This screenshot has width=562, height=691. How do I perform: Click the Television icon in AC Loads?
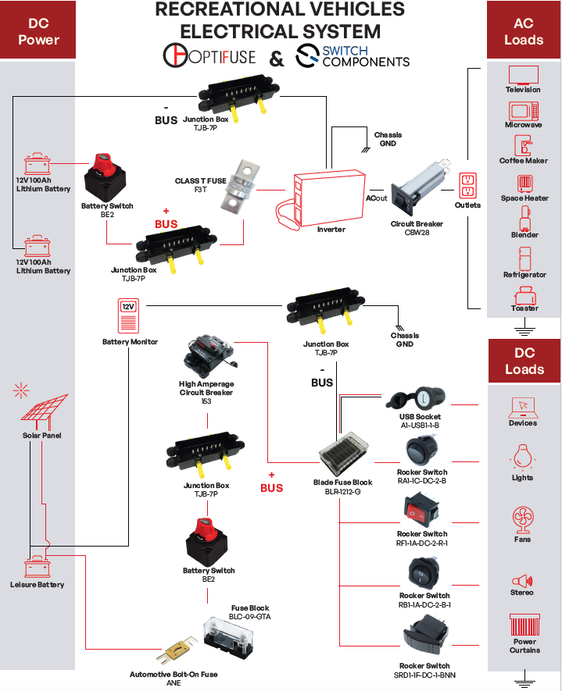[524, 76]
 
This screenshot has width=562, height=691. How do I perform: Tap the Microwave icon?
[524, 110]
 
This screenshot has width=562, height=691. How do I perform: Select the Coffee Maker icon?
[524, 145]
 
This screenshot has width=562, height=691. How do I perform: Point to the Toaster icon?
[524, 295]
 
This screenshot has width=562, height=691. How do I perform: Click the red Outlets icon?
[467, 186]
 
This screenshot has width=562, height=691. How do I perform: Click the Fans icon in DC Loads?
[523, 519]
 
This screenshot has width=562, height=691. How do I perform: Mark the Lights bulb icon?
[523, 457]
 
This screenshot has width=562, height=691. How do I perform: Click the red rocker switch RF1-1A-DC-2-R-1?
[422, 511]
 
